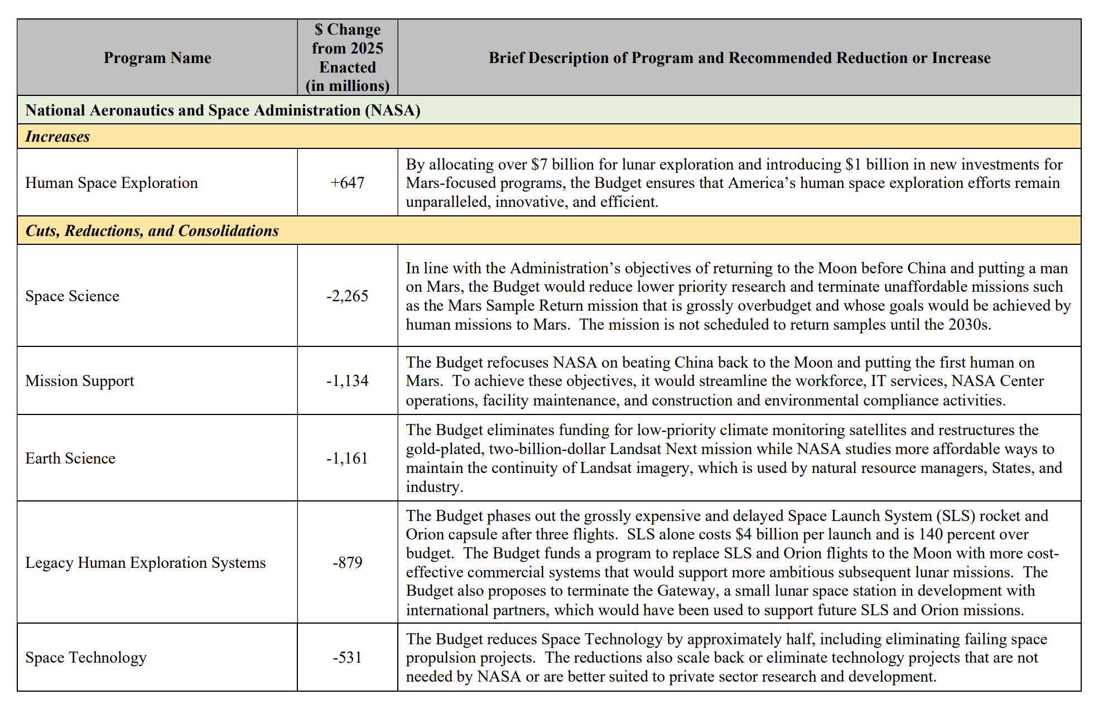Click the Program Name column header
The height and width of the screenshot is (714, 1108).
coord(157,58)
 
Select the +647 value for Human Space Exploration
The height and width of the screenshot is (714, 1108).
coord(347,183)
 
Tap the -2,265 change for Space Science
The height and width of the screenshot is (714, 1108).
coord(347,296)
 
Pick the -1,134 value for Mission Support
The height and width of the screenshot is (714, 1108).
coord(347,381)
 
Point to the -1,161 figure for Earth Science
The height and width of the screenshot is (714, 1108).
coord(347,459)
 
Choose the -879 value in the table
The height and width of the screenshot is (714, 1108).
coord(347,563)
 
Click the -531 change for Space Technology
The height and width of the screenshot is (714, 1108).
coord(347,658)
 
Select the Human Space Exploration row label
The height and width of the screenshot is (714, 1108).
coord(112,183)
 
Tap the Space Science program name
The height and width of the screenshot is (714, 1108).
coord(73,296)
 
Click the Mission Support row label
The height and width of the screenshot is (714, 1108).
coord(80,381)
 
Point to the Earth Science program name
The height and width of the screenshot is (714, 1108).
coord(70,459)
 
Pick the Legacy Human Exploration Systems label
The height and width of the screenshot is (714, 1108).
coord(146,563)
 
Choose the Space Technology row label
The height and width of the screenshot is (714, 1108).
coord(86,658)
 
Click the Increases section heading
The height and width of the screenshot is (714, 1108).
coord(57,137)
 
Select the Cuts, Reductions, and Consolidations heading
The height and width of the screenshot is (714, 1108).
coord(152,231)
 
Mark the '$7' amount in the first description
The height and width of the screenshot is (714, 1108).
coord(539,165)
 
